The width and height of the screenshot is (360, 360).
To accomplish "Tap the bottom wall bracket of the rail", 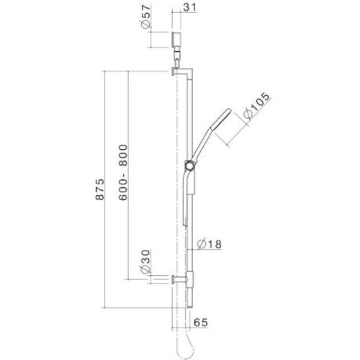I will point(180,279).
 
